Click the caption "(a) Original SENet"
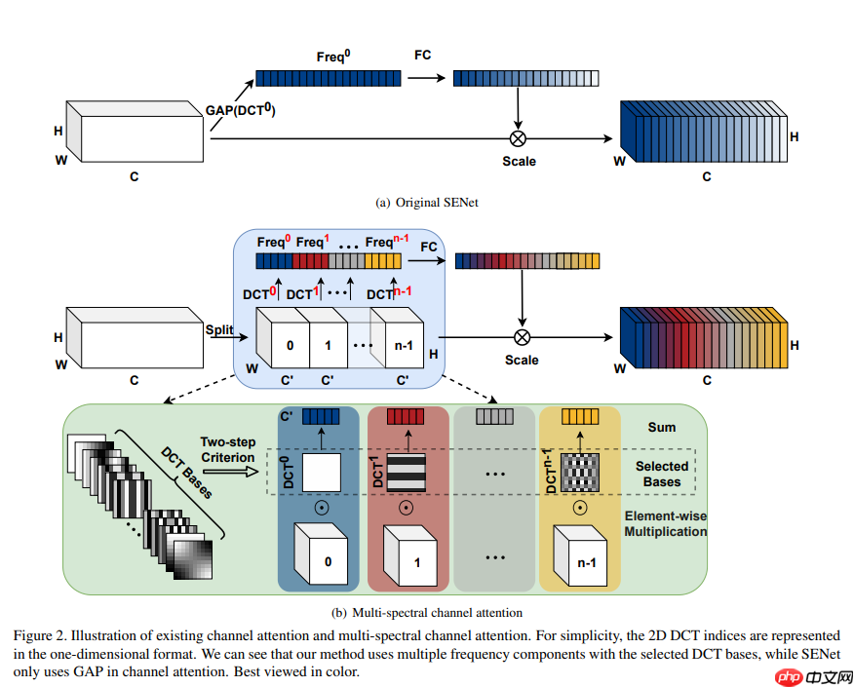[x=426, y=202]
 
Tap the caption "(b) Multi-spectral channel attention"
[x=426, y=613]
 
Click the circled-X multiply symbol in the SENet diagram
[x=518, y=138]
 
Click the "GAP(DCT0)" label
[x=240, y=110]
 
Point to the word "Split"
[x=218, y=330]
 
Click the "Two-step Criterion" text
[x=228, y=450]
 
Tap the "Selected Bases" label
[x=662, y=474]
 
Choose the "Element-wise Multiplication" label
[x=666, y=523]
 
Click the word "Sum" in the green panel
[x=662, y=427]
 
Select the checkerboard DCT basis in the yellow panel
[x=579, y=473]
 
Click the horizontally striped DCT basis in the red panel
[x=407, y=473]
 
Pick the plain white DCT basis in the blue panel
[x=320, y=473]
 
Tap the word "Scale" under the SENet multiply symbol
[x=519, y=161]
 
